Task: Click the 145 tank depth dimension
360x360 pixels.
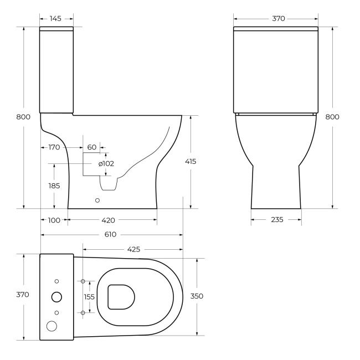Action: [x=55, y=19]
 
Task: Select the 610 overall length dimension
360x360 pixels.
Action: [x=110, y=234]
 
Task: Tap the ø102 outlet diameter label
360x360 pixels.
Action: [x=106, y=163]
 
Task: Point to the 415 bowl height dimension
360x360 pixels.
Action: [x=191, y=161]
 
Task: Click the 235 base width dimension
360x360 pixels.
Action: [x=276, y=220]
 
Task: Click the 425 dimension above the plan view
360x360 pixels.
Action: [x=133, y=249]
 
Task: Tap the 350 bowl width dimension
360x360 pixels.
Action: [x=197, y=296]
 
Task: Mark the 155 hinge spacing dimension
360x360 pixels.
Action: [x=89, y=297]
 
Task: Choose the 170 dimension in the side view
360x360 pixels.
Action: [x=54, y=147]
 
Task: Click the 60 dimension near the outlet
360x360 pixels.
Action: [x=92, y=147]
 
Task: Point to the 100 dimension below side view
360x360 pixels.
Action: [x=54, y=220]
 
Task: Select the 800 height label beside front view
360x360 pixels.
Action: [x=332, y=116]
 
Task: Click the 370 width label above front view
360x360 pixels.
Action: [x=278, y=19]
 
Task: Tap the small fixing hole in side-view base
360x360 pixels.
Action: [x=97, y=200]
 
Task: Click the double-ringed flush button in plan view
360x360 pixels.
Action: [x=56, y=297]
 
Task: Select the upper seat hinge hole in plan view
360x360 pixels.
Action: [x=83, y=281]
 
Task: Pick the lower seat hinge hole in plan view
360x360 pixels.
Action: [x=83, y=313]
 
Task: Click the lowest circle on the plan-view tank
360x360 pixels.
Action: [x=52, y=326]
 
